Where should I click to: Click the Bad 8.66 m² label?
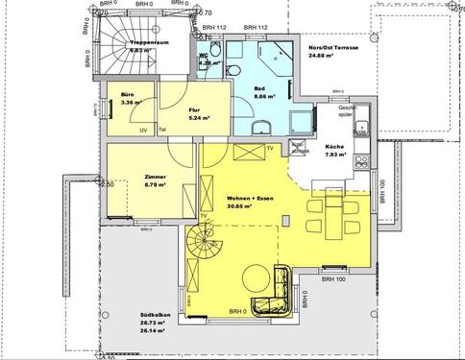(261, 93)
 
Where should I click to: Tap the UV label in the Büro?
(143, 131)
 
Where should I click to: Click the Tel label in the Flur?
(163, 131)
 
